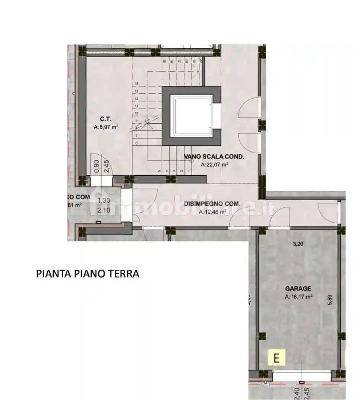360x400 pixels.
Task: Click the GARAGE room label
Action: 299,289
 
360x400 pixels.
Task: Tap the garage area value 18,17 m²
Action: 299,297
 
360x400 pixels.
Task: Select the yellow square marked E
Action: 277,358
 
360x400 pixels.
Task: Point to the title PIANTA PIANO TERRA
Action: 88,274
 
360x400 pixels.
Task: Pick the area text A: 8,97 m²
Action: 106,128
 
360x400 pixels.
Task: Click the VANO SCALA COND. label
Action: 214,157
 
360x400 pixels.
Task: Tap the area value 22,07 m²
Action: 214,165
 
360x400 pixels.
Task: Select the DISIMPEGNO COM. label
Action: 212,204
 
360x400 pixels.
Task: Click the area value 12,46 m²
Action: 213,212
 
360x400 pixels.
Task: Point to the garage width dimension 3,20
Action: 298,245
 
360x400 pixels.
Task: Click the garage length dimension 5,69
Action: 330,300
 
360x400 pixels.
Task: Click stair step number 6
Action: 136,143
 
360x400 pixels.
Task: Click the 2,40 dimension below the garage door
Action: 297,393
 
